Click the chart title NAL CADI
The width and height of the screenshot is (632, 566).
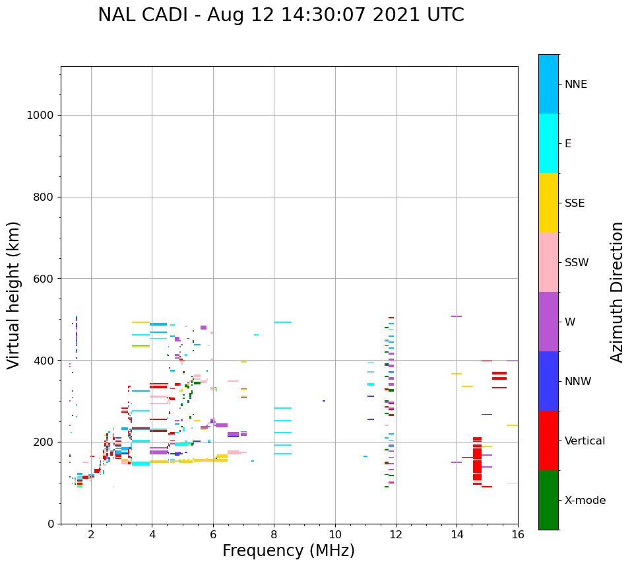coord(280,15)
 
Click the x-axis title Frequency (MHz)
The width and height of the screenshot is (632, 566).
coord(288,551)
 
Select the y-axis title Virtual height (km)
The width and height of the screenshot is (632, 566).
coord(14,295)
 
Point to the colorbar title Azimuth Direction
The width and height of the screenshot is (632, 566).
coord(617,292)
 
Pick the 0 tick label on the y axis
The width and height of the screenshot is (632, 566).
coord(50,524)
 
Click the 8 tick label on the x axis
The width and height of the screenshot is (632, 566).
coord(274,535)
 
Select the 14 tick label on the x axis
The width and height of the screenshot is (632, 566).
coord(457,535)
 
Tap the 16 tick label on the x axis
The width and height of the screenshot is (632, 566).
coord(517,535)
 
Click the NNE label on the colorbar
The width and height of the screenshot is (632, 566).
coord(575,85)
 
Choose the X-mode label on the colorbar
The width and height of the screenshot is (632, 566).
coord(585,501)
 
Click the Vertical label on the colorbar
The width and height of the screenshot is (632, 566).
coord(585,441)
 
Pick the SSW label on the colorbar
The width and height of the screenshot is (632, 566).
coord(577,263)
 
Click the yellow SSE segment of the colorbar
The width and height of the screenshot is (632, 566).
coord(548,203)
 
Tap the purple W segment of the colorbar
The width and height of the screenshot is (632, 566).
coord(548,322)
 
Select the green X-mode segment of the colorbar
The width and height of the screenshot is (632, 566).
coord(548,500)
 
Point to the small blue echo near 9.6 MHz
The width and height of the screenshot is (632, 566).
coord(324,401)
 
